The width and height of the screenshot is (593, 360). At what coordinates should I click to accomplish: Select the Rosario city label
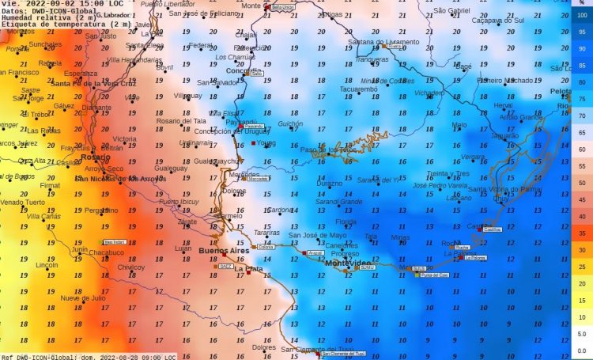(95, 157)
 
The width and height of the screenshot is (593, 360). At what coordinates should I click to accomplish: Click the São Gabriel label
(452, 10)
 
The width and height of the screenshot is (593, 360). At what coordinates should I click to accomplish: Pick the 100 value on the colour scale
(581, 15)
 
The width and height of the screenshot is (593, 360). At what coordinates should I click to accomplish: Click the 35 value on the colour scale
(581, 233)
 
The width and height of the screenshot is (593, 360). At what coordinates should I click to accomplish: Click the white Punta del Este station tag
(434, 275)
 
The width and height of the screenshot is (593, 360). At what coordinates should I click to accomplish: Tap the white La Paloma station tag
(478, 258)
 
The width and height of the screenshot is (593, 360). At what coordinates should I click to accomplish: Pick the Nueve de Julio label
(83, 298)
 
